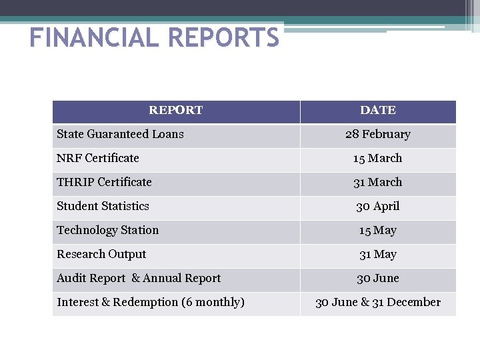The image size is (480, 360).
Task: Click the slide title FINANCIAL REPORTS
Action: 155,37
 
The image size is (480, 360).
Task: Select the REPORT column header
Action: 175,110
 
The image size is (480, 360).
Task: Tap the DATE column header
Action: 377,110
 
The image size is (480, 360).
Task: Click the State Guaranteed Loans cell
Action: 120,134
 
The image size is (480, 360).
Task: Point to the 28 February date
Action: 377,134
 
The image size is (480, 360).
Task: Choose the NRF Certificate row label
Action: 98,158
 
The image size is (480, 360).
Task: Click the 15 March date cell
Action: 377,158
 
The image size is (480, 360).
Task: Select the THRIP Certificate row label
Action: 104,182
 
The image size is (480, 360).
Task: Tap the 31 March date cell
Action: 377,182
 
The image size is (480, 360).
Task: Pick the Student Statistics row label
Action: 103,206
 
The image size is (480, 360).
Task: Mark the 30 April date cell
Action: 377,206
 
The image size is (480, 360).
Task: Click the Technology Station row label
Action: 107,230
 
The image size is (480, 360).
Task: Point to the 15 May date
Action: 377,230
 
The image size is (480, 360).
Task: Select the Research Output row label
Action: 101,254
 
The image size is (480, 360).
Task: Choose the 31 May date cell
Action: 377,254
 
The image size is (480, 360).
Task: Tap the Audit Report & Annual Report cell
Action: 139,278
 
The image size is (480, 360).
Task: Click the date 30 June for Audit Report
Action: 377,278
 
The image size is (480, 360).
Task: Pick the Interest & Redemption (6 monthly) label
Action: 151,302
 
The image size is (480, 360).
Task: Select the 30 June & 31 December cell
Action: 377,302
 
